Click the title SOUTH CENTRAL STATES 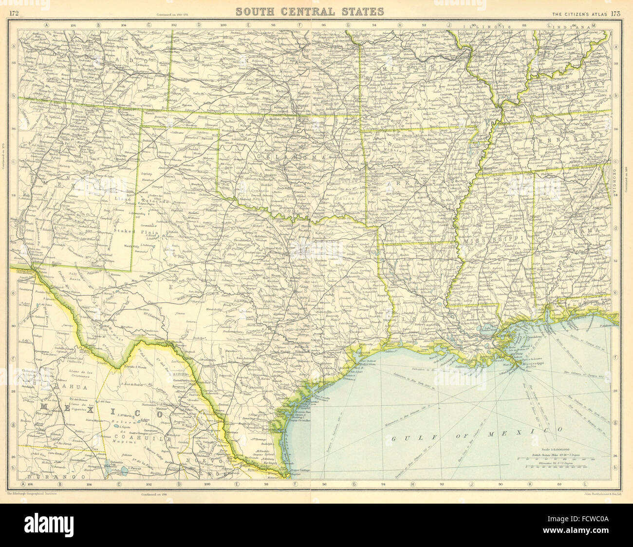[x=310, y=11]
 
